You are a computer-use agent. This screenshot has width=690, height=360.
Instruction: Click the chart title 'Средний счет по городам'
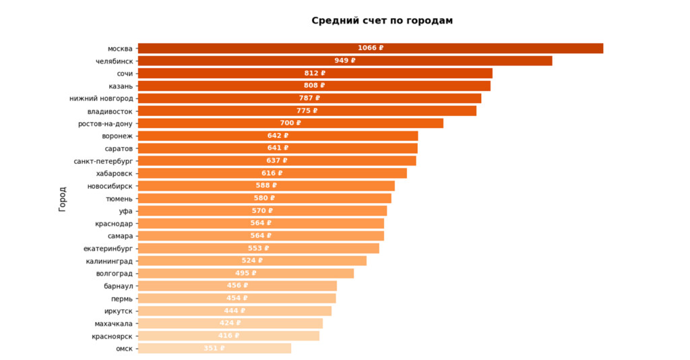(x=382, y=21)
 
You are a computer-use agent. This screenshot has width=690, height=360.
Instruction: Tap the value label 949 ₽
(x=345, y=61)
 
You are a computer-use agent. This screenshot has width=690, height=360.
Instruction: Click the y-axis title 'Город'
(x=63, y=199)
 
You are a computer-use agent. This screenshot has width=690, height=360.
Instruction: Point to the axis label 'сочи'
(x=125, y=73)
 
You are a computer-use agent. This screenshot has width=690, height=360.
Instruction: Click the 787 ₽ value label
(x=309, y=98)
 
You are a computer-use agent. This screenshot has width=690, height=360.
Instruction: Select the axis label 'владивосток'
(x=110, y=111)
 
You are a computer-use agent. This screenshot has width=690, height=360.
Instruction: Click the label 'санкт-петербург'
(x=103, y=161)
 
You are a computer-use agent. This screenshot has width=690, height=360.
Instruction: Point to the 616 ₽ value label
(x=272, y=173)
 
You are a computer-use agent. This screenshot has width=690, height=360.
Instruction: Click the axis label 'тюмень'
(x=119, y=199)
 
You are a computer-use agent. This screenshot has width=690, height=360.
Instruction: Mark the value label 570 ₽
(x=263, y=211)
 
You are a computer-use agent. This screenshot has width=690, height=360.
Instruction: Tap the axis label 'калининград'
(x=109, y=261)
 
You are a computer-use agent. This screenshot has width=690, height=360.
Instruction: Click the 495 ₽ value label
(x=246, y=273)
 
